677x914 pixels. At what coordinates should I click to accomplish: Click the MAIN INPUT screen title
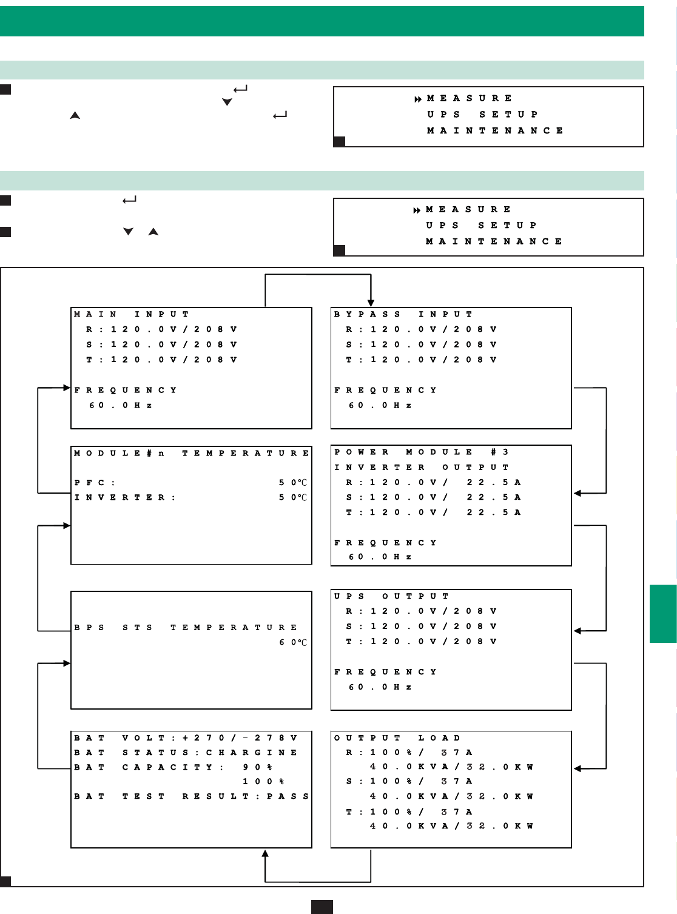click(x=132, y=314)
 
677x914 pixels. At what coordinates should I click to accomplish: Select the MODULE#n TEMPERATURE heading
click(x=191, y=453)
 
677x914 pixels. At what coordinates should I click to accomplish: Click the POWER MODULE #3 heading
click(x=422, y=452)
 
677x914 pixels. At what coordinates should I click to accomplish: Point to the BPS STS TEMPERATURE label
click(x=186, y=627)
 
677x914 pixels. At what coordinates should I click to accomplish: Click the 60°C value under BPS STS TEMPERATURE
click(x=294, y=642)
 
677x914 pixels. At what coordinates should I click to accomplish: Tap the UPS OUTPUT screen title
click(x=391, y=596)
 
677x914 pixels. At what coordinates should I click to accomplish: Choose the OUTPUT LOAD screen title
click(x=397, y=738)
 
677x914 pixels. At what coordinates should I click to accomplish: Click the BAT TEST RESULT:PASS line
click(x=191, y=796)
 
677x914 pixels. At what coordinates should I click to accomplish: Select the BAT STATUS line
click(x=186, y=753)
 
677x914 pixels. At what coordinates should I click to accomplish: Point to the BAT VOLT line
click(x=186, y=738)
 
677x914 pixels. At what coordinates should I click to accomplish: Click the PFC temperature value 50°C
click(x=294, y=483)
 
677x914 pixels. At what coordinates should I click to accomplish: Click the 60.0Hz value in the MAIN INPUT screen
click(x=120, y=405)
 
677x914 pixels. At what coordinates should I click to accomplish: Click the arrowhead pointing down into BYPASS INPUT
click(x=371, y=303)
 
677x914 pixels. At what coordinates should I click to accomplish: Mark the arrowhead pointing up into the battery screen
click(x=265, y=854)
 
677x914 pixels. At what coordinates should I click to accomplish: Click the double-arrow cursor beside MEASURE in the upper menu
click(x=418, y=99)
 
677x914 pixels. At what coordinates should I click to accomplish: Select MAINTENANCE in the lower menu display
click(x=494, y=241)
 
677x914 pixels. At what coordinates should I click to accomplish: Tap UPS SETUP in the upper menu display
click(x=482, y=115)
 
